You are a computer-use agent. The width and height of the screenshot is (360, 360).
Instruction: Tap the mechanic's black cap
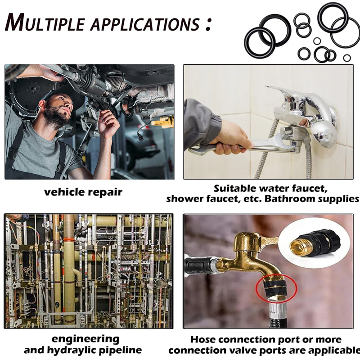[65, 96]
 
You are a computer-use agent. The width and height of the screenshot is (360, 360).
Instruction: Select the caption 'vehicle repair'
[83, 192]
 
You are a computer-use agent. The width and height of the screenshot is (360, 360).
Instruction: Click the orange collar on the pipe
[69, 240]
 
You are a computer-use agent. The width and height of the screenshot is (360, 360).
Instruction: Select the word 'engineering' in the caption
[85, 339]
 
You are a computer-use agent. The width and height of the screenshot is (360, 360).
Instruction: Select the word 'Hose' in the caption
[203, 339]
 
